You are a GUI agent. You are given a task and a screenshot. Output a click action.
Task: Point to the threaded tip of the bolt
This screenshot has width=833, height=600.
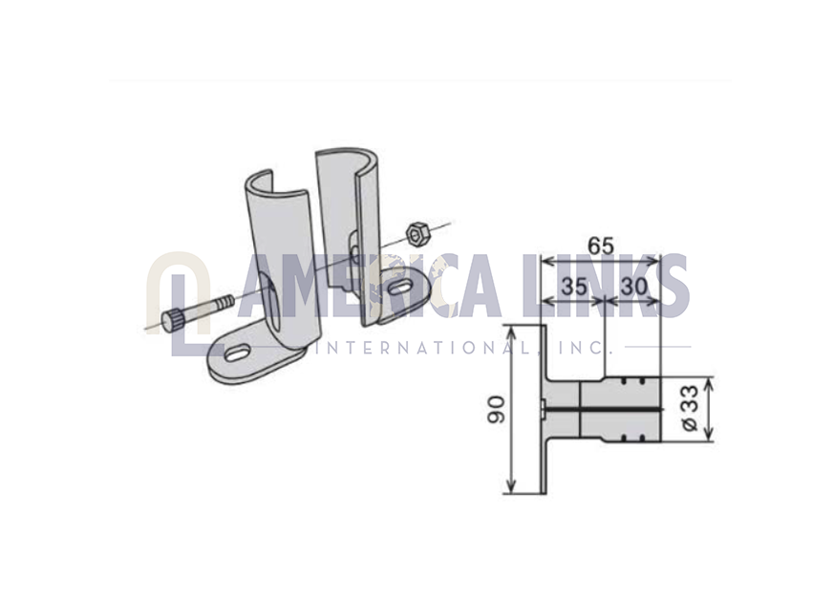pos(225,304)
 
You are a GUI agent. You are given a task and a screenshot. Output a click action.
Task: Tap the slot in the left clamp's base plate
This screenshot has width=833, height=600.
pos(239,354)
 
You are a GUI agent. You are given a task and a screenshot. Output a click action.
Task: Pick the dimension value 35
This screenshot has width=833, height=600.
pos(574,287)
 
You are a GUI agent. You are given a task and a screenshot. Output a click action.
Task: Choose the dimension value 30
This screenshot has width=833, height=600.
pos(634,287)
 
